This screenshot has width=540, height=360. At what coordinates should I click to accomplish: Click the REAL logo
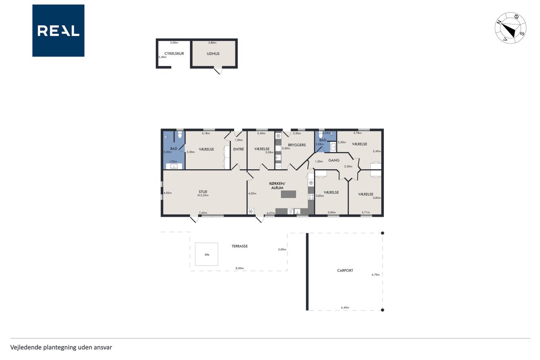(x=58, y=31)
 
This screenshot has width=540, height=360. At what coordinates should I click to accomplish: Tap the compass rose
(x=510, y=28)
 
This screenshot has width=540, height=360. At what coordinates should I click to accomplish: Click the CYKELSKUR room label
(x=174, y=54)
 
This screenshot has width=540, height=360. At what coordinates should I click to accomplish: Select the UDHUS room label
(x=213, y=54)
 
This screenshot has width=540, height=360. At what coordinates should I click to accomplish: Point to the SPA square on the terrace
(x=207, y=254)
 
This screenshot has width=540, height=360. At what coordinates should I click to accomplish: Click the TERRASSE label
(x=240, y=246)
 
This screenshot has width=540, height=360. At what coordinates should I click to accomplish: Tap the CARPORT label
(x=345, y=271)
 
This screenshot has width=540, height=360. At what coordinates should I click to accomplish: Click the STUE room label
(x=203, y=192)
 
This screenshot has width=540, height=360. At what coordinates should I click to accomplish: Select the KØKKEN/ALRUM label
(x=277, y=186)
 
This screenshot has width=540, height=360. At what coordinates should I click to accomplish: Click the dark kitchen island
(x=288, y=194)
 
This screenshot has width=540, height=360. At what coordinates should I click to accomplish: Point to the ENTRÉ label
(x=239, y=149)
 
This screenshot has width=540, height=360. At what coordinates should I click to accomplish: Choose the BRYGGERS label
(x=297, y=145)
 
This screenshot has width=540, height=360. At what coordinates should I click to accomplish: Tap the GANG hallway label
(x=334, y=160)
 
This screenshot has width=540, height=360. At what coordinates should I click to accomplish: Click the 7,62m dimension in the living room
(x=203, y=213)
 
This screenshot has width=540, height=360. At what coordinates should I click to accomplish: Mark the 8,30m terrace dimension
(x=240, y=268)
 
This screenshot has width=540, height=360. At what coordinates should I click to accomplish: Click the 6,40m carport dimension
(x=345, y=307)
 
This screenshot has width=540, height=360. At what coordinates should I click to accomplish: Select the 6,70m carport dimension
(x=375, y=274)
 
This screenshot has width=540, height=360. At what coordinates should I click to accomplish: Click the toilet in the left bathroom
(x=180, y=135)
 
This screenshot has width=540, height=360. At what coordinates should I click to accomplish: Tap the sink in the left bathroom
(x=174, y=166)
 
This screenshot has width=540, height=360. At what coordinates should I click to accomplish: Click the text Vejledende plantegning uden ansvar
(x=61, y=347)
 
